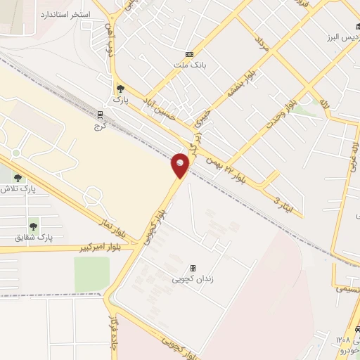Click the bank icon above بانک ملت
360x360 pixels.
pyautogui.click(x=188, y=54)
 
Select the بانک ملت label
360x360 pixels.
pyautogui.click(x=188, y=65)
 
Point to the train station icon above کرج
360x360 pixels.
pyautogui.click(x=100, y=115)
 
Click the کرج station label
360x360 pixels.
pyautogui.click(x=98, y=127)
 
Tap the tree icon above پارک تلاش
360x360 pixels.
pyautogui.click(x=18, y=178)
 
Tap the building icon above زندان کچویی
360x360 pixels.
pyautogui.click(x=192, y=268)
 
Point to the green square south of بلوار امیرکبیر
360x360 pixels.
pyautogui.click(x=91, y=273)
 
